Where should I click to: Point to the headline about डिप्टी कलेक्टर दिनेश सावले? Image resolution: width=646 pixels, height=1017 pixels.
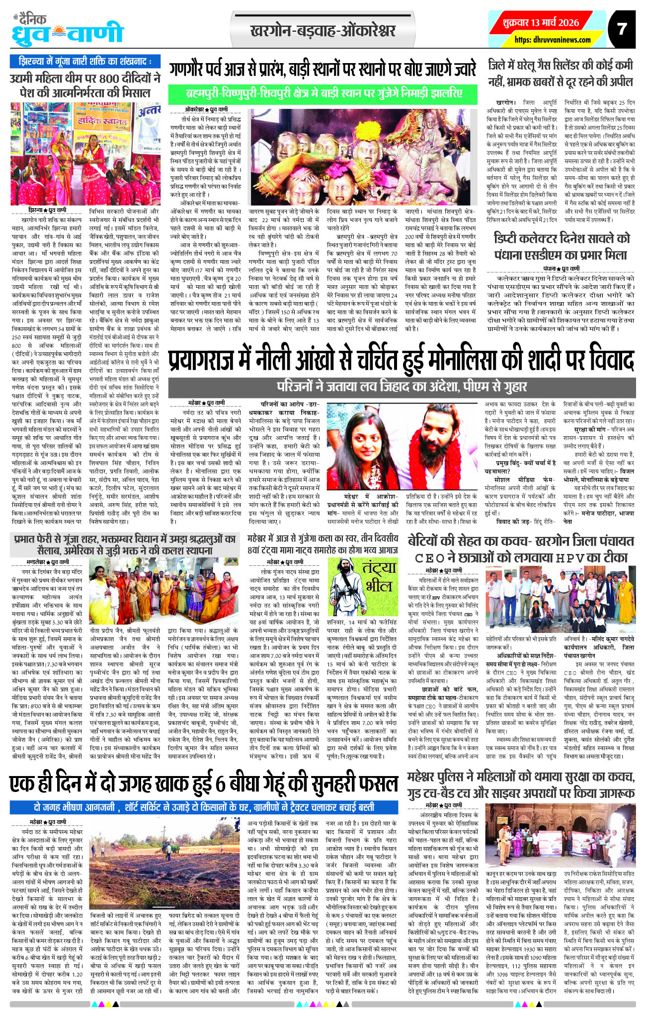562,246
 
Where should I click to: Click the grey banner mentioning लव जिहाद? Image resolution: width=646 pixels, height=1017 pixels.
402,386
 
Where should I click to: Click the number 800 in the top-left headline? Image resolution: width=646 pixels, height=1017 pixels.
113,78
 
